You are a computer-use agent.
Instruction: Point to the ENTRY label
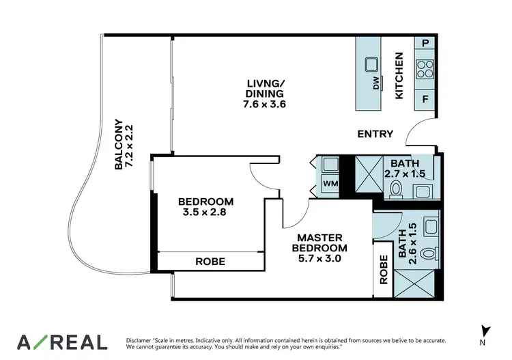(375, 134)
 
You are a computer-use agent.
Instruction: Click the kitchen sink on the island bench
(372, 66)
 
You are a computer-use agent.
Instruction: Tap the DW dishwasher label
(375, 84)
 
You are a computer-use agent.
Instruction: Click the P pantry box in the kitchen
(425, 43)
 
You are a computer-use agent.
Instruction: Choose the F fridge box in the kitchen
(425, 99)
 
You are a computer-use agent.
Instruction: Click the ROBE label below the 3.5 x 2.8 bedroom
(210, 261)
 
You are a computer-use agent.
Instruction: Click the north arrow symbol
(485, 330)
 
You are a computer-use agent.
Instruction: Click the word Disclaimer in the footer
(141, 340)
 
